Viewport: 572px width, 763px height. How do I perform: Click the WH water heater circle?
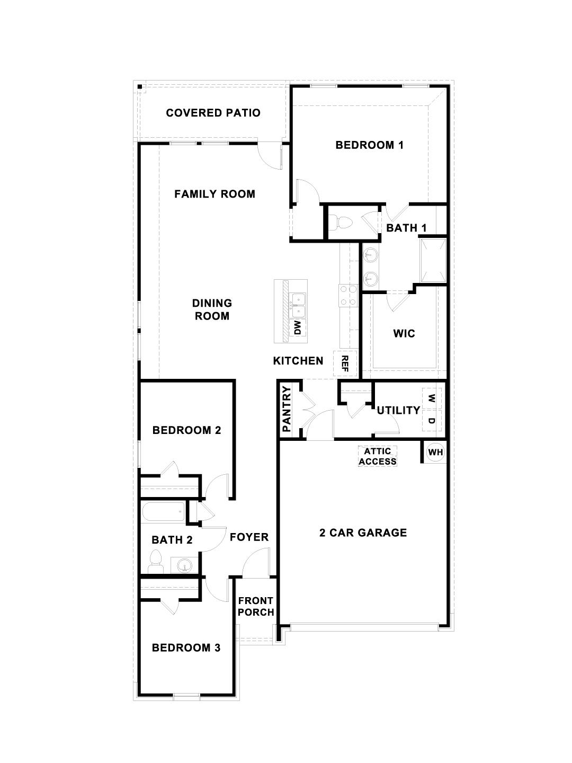[x=435, y=452]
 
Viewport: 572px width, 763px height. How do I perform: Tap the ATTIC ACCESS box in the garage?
[x=378, y=456]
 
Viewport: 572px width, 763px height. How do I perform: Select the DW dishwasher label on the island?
[x=297, y=328]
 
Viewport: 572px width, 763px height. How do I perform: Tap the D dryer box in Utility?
[x=432, y=421]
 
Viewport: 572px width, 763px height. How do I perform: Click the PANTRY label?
[x=287, y=409]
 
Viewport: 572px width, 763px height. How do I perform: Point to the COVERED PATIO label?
[x=213, y=113]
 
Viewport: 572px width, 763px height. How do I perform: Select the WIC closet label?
[x=404, y=334]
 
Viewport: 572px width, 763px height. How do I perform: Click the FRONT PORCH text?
[x=256, y=607]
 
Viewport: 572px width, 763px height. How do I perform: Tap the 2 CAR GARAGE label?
[x=363, y=533]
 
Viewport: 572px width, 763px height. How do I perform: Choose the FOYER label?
[x=249, y=537]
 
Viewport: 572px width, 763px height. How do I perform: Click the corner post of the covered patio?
[x=140, y=87]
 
